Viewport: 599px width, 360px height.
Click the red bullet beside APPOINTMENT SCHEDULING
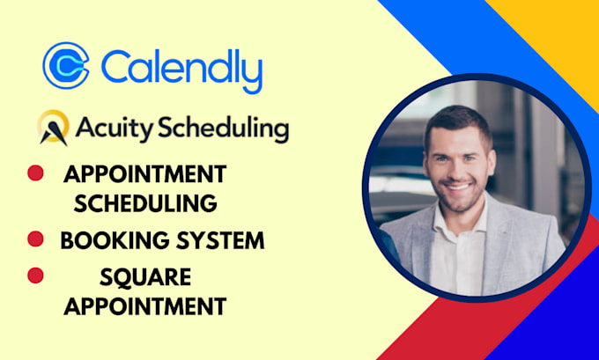pyautogui.click(x=36, y=173)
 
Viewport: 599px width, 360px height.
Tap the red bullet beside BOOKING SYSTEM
pyautogui.click(x=36, y=239)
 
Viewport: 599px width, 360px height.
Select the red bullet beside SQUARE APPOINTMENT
pyautogui.click(x=36, y=276)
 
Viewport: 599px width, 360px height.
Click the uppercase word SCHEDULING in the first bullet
pyautogui.click(x=145, y=202)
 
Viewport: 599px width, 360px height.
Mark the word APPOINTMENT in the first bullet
pyautogui.click(x=145, y=173)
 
